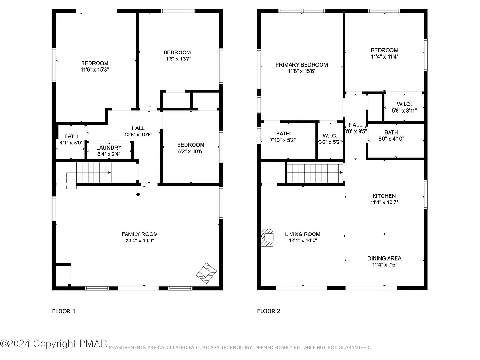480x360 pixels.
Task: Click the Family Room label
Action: (140, 234)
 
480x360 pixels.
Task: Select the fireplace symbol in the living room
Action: (267, 237)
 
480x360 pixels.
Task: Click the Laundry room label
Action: (110, 148)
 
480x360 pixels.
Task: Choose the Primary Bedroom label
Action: (301, 65)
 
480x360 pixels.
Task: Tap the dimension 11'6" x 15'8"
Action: (95, 69)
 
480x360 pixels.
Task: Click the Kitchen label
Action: (384, 196)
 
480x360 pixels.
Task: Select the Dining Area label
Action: (384, 258)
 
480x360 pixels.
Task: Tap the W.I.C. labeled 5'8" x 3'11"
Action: (404, 104)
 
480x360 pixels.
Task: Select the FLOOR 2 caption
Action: (269, 311)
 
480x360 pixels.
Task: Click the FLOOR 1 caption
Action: (63, 311)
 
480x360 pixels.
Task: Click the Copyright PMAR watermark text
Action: (54, 345)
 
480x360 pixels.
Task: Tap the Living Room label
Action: (302, 234)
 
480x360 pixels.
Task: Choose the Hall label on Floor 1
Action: (138, 128)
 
